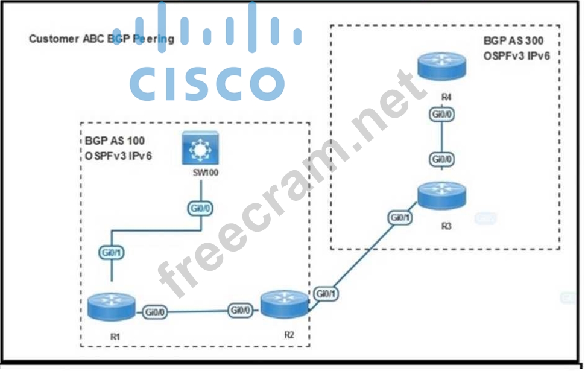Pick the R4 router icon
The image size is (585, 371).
[442, 70]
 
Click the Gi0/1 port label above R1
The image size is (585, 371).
[112, 253]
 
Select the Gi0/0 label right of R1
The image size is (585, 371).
[155, 312]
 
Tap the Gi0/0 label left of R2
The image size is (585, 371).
[240, 310]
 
